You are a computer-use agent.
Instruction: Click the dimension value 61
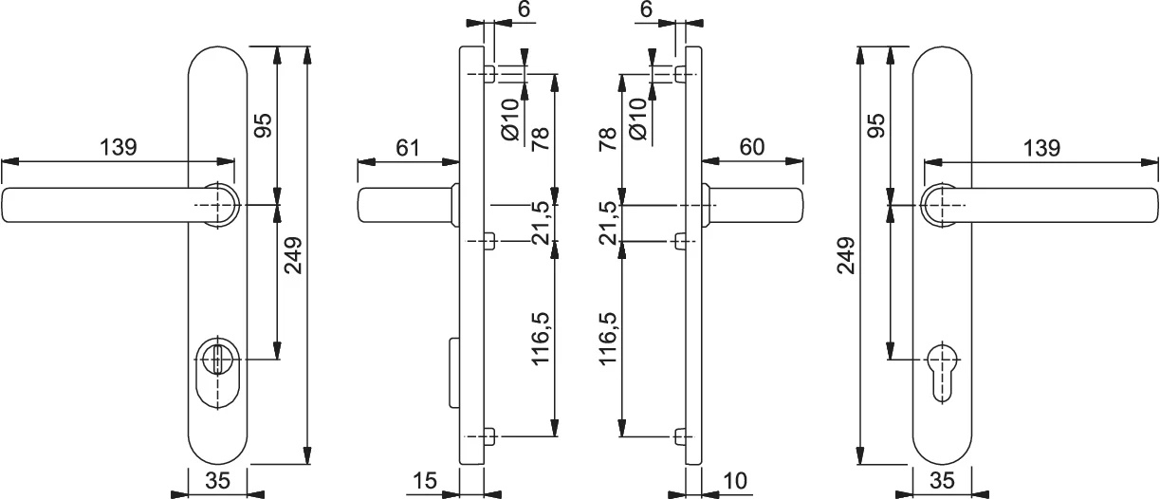(408, 148)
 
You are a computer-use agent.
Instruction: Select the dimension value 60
(752, 147)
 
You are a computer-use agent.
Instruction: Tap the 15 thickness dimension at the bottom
(425, 481)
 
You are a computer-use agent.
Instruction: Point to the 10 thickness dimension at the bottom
(735, 481)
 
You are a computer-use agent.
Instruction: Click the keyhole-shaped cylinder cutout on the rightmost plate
(942, 372)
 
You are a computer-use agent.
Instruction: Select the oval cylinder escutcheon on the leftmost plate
(217, 372)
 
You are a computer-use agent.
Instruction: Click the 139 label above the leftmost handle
(118, 147)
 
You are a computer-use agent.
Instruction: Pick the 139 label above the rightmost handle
(1042, 148)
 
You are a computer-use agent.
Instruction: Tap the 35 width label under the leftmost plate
(217, 481)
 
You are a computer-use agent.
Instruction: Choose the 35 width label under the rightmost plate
(942, 481)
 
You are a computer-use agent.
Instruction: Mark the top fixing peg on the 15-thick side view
(489, 75)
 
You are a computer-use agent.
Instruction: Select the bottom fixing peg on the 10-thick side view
(680, 437)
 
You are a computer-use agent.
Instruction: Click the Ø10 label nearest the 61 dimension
(510, 120)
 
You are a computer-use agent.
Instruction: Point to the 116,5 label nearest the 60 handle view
(609, 339)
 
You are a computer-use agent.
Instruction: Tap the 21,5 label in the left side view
(540, 223)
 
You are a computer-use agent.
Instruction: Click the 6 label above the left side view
(525, 9)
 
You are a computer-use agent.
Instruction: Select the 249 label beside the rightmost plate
(847, 255)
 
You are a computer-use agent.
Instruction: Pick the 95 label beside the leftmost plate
(263, 125)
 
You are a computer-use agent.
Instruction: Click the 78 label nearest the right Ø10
(609, 139)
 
